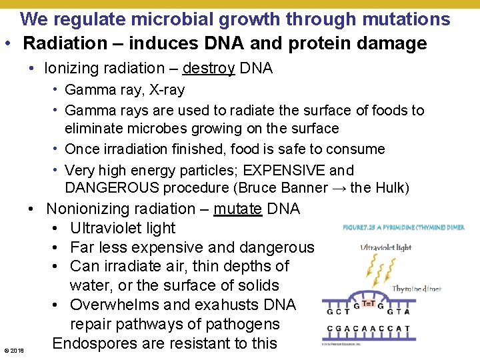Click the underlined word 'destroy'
pos(208,68)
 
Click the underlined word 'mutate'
pos(237,209)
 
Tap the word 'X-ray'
pos(163,90)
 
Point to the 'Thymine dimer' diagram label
pos(417,289)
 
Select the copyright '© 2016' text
pos(13,350)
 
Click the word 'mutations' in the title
pos(407,19)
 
